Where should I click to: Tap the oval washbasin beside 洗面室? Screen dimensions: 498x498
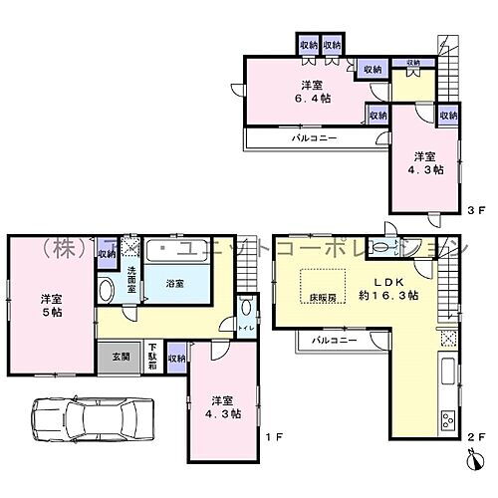107,291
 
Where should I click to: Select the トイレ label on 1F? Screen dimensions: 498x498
246,326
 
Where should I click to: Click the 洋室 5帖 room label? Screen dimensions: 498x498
53,305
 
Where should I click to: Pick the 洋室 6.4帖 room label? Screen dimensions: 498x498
312,92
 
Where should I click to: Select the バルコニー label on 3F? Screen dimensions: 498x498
312,137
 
